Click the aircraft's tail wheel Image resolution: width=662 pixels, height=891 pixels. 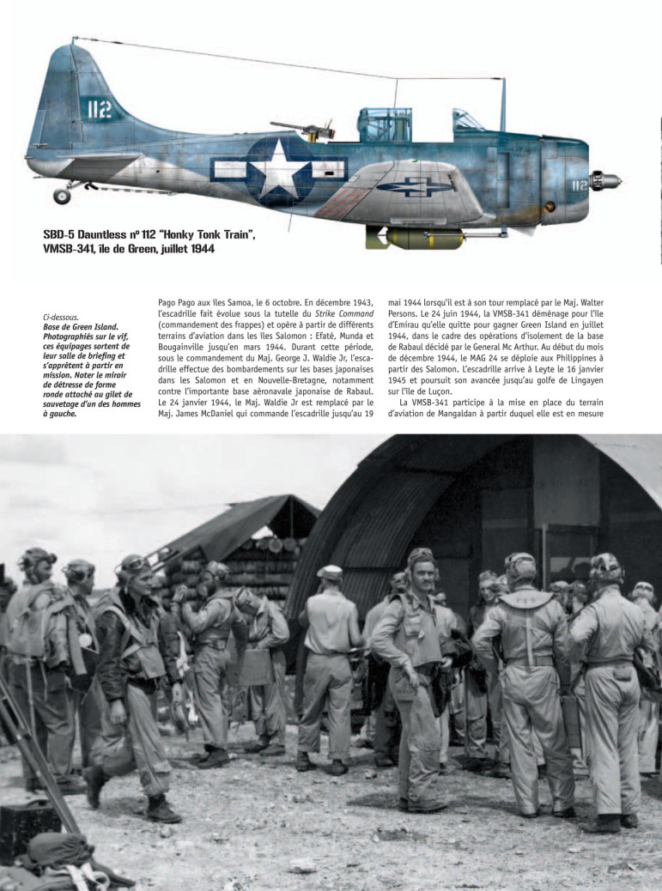pos(62,196)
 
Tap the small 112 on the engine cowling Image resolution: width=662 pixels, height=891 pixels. pos(579,184)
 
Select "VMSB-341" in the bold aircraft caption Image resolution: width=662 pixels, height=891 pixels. pos(73,249)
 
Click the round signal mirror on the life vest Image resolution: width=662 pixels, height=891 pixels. pos(85,640)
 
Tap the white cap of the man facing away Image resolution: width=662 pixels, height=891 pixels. pos(329,572)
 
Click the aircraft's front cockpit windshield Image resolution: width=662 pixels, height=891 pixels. pos(468,120)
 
